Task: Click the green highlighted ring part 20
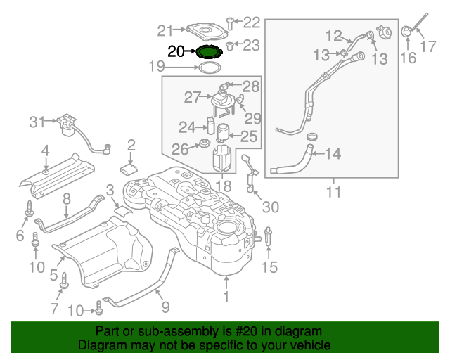209,51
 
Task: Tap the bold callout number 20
176,51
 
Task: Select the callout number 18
223,186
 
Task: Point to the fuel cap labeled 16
407,32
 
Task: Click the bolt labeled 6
30,209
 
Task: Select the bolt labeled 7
63,281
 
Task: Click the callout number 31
37,122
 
